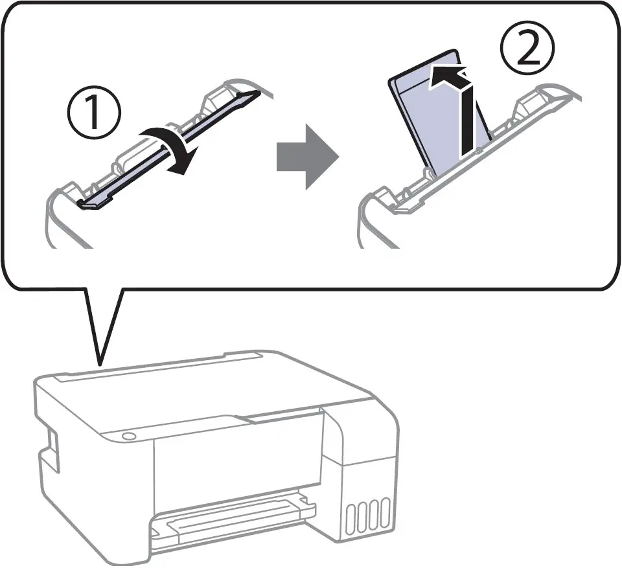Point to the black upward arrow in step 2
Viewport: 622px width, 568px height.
tap(465, 117)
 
